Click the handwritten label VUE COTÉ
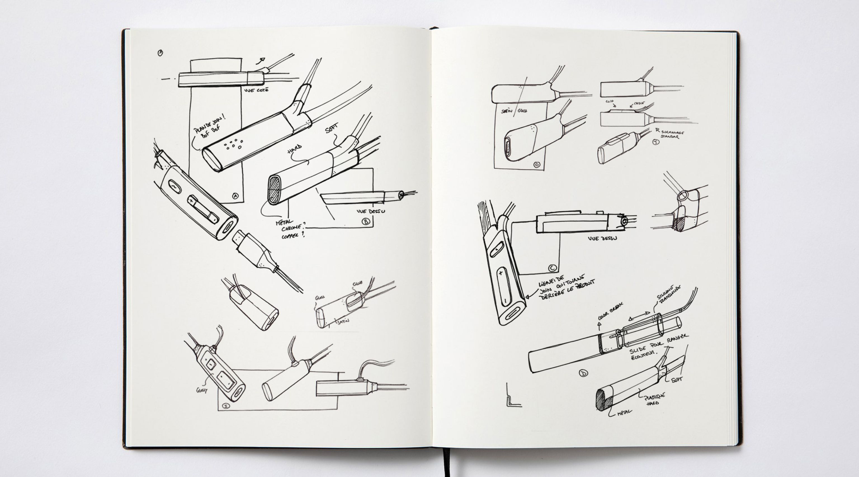point(256,90)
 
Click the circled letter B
point(366,222)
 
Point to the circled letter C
point(552,268)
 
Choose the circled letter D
point(584,373)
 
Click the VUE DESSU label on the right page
point(602,238)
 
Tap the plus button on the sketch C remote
point(500,273)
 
